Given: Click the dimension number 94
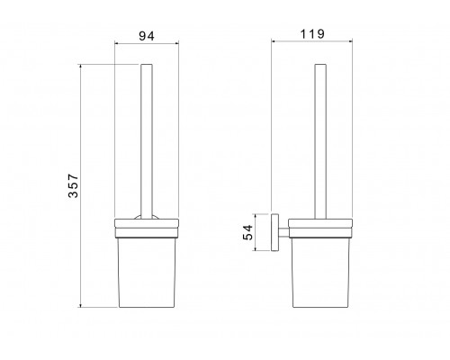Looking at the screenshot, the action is click(x=147, y=36).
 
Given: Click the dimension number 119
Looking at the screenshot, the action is click(x=312, y=34).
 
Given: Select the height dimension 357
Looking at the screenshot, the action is click(x=73, y=185).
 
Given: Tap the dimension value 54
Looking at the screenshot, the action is click(x=248, y=232).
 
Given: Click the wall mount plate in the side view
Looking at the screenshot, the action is click(x=274, y=232).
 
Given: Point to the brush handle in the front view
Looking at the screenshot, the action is click(x=147, y=141).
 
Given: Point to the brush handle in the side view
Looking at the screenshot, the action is click(x=320, y=141).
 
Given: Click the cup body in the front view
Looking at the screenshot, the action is click(x=147, y=273).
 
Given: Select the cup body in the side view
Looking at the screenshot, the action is click(x=320, y=273).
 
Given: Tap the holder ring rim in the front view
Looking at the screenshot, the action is click(x=147, y=229).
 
